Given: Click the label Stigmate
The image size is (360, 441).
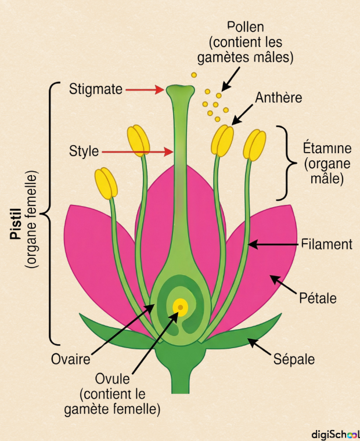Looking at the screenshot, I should [96, 89].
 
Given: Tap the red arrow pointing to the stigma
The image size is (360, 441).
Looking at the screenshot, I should [145, 89].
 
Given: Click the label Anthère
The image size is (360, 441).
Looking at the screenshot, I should [279, 97].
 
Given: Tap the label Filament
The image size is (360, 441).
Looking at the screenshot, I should [327, 244].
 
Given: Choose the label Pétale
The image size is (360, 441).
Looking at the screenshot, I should [318, 298].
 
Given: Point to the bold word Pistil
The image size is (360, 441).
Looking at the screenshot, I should [16, 220].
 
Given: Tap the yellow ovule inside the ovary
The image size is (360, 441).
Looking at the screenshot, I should [181, 306].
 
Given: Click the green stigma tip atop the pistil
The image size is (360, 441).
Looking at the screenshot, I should [181, 91].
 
